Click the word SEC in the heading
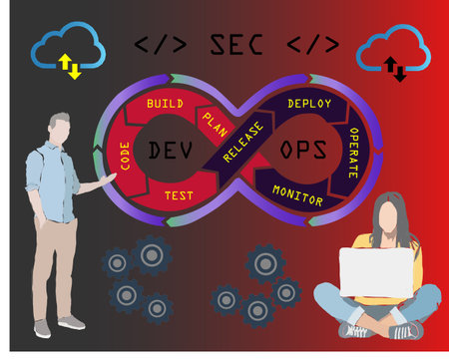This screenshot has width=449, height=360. click(236, 45)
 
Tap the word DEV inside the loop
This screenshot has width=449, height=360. click(169, 151)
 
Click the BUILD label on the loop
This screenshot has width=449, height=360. click(166, 104)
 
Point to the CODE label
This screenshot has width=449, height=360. click(126, 154)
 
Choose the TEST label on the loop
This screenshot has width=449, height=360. click(179, 196)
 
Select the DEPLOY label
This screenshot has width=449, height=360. click(309, 103)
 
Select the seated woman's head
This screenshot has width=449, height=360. click(391, 214)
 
